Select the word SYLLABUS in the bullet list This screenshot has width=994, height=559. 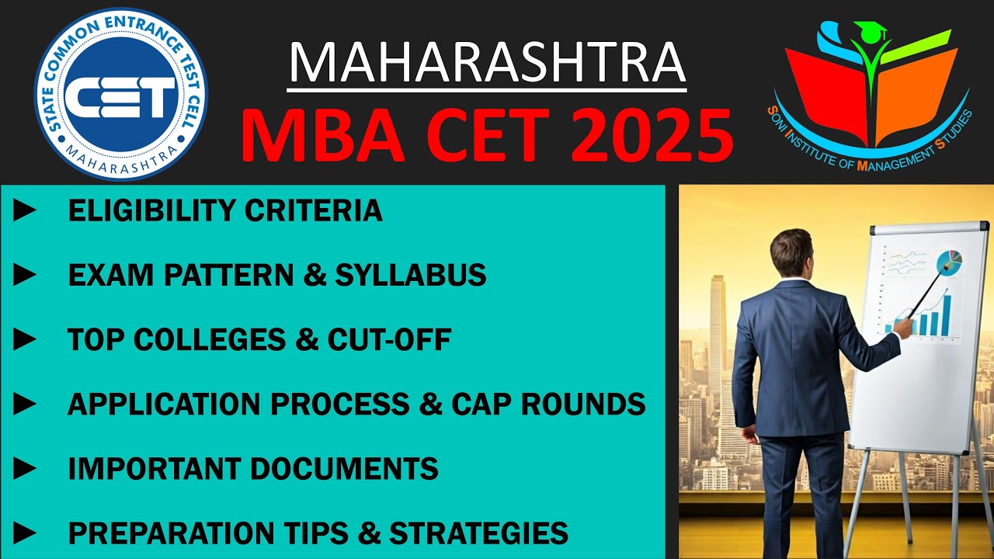[x=411, y=275]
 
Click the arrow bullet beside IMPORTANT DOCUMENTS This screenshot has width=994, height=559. [x=25, y=468]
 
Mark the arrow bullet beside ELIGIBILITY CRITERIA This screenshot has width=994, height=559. [x=25, y=210]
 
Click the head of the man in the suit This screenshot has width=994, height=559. [x=791, y=252]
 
